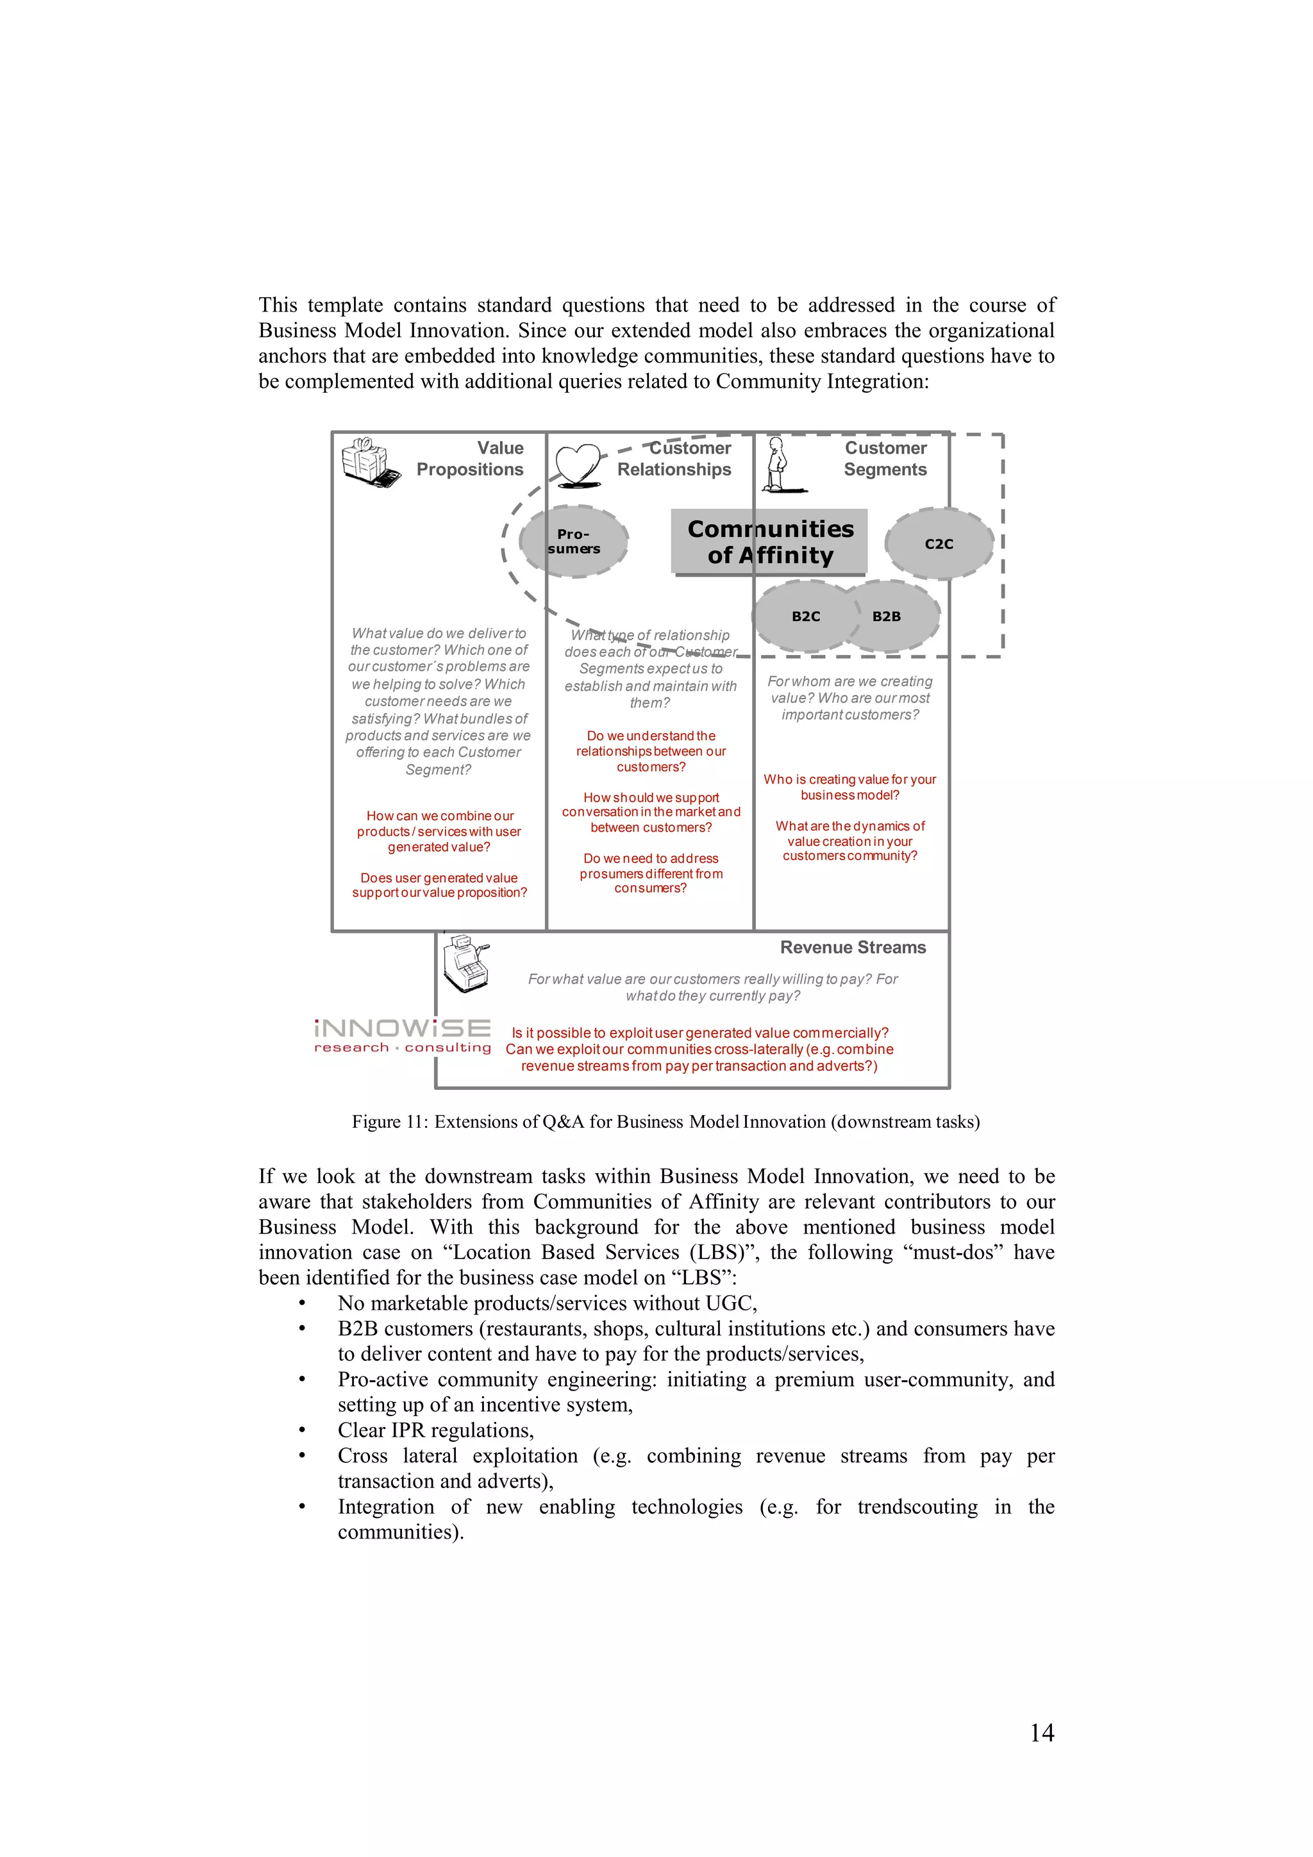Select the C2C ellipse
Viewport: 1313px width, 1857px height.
click(x=939, y=543)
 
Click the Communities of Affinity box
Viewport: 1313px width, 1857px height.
click(x=769, y=542)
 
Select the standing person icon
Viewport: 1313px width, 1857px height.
click(x=779, y=465)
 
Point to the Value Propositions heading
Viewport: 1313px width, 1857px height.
click(x=470, y=459)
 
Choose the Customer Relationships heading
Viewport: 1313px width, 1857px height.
click(x=674, y=459)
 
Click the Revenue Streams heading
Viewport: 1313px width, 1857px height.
click(x=853, y=947)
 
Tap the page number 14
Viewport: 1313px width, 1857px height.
click(x=1041, y=1733)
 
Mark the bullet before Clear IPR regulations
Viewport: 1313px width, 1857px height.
click(x=302, y=1431)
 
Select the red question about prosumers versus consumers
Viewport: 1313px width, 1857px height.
click(x=651, y=873)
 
